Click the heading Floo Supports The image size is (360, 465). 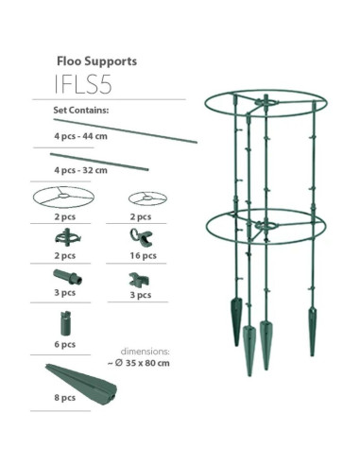96,60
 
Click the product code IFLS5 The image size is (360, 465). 83,84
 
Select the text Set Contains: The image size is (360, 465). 81,111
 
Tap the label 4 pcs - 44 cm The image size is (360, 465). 80,137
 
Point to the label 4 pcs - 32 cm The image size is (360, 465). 80,170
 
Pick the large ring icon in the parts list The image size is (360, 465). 64,198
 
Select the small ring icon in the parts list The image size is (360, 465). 146,198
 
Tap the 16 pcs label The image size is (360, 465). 141,256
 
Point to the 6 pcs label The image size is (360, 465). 64,344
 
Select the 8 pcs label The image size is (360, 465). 64,399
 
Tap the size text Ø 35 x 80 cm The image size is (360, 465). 146,362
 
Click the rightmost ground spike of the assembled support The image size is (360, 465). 313,331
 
